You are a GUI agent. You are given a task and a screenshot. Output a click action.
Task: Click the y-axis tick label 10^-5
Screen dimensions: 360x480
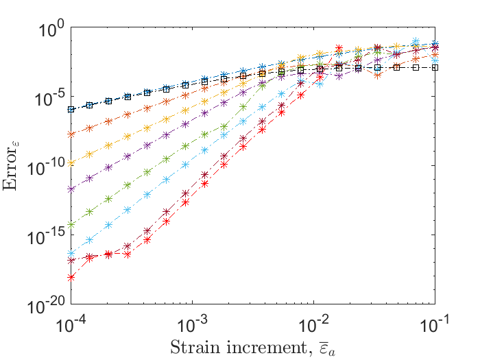pyautogui.click(x=50, y=97)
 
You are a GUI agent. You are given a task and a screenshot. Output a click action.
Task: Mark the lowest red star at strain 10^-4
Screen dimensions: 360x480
pyautogui.click(x=71, y=277)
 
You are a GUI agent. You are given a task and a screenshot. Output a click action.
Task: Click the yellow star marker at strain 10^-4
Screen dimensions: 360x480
pyautogui.click(x=71, y=163)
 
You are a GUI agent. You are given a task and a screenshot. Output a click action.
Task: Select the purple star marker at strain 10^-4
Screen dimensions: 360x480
pyautogui.click(x=71, y=189)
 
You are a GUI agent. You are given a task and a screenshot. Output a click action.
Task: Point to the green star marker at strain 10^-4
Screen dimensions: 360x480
pyautogui.click(x=71, y=224)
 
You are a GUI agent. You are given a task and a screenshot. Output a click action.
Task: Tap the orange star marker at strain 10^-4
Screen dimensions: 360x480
pyautogui.click(x=71, y=134)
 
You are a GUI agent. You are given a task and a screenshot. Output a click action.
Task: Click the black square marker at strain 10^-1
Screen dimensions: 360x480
pyautogui.click(x=435, y=67)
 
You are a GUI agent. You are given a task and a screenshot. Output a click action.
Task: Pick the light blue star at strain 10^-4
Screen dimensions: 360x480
pyautogui.click(x=71, y=254)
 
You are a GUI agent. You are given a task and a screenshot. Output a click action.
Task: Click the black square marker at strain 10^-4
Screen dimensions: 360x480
pyautogui.click(x=71, y=109)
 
